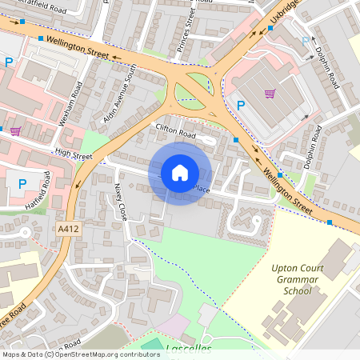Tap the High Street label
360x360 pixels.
click(74, 156)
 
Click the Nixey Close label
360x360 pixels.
click(121, 212)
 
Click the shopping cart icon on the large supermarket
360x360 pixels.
click(270, 94)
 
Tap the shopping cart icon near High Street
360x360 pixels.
click(15, 131)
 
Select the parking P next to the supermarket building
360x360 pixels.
click(240, 104)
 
